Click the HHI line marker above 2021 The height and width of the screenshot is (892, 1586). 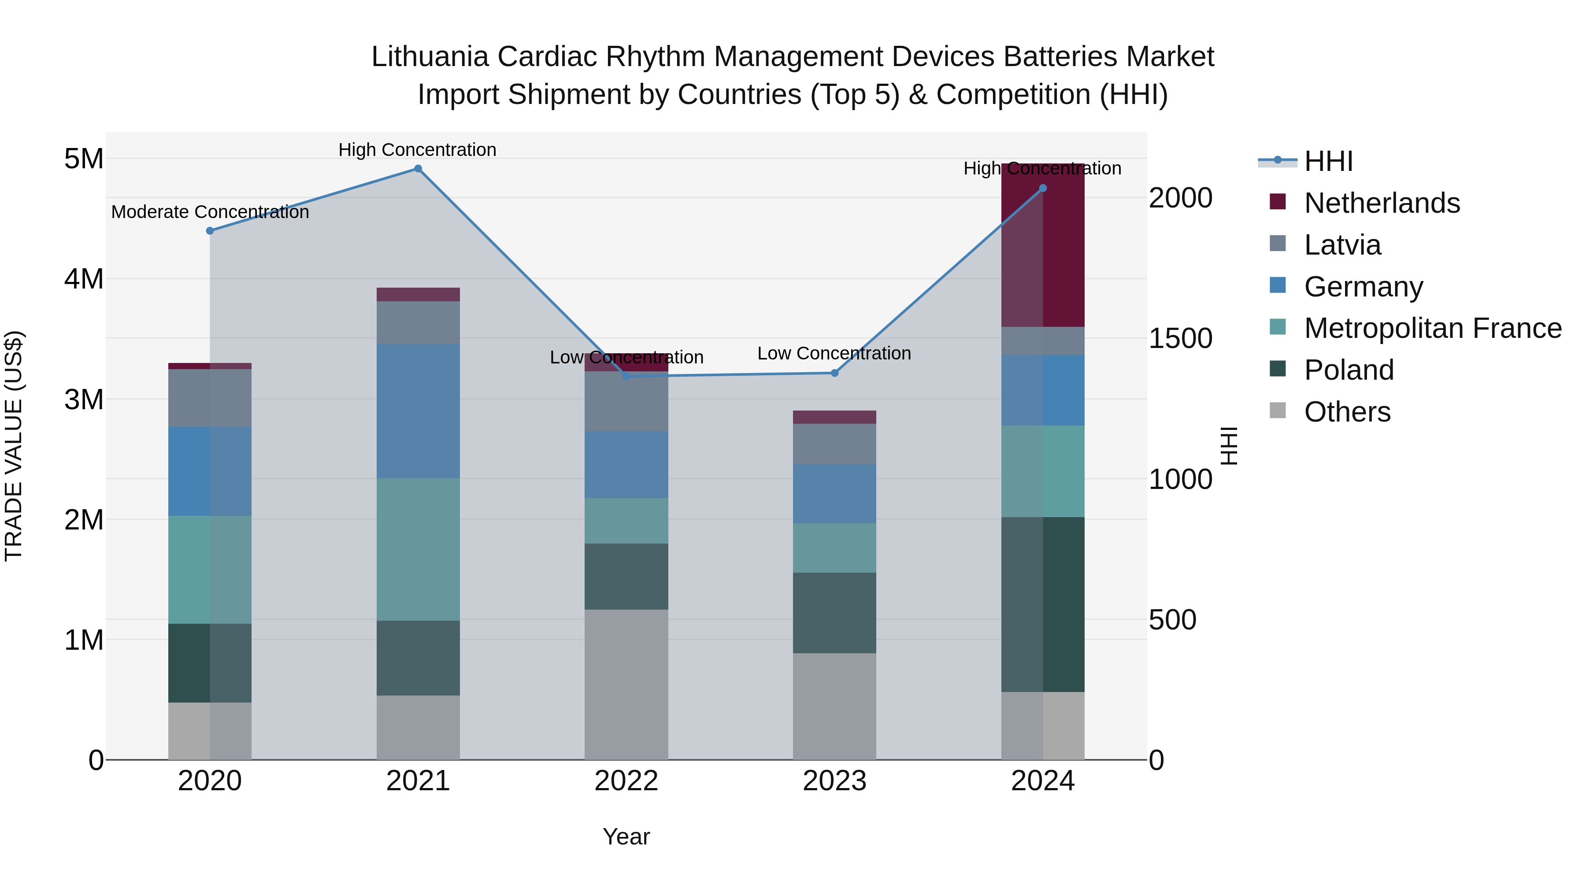418,169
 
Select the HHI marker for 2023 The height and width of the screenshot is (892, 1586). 835,373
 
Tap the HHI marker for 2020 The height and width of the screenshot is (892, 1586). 210,231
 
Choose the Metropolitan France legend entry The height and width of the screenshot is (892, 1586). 1432,328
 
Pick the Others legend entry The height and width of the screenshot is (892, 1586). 1347,412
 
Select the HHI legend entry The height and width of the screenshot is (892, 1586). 1328,161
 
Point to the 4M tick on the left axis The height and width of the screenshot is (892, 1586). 84,279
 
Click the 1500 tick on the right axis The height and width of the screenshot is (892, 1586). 1180,339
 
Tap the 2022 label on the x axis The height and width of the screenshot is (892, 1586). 626,781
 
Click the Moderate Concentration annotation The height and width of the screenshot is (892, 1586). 210,212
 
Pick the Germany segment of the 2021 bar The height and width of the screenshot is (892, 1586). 418,411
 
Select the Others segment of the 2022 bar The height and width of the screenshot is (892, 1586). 626,685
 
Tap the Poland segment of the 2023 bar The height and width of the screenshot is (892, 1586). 834,613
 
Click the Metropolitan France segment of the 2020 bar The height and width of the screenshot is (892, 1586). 210,570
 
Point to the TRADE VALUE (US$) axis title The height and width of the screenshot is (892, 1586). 14,446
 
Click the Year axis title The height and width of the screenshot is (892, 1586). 626,836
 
